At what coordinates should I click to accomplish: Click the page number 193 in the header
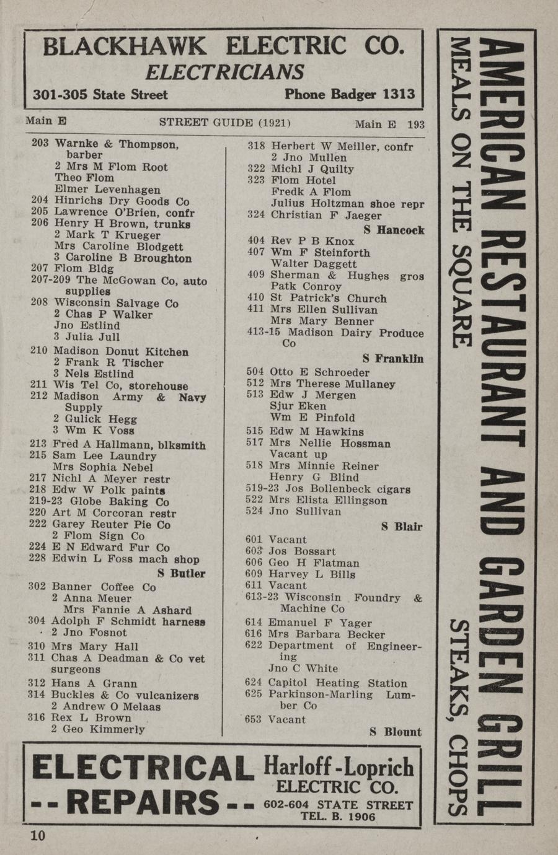point(416,125)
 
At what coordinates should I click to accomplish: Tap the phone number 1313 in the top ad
point(399,94)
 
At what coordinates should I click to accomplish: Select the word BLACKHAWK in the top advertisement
point(125,46)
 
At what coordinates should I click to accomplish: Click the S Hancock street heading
point(394,230)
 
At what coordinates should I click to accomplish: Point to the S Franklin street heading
point(392,359)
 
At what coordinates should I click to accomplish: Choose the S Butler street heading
point(181,574)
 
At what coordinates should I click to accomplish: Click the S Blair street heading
point(401,527)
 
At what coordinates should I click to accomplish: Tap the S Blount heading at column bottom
point(396,732)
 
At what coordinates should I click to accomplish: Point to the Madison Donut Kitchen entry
point(121,351)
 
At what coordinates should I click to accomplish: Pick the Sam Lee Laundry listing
point(104,456)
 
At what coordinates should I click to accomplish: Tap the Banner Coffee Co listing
point(104,587)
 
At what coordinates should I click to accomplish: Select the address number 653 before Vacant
point(254,720)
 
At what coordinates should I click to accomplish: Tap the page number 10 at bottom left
point(37,836)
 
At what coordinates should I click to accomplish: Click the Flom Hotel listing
point(303,180)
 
